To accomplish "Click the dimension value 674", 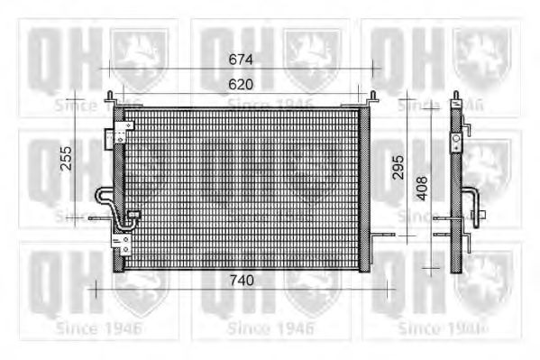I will tap(241, 60).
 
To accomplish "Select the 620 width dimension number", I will tap(241, 83).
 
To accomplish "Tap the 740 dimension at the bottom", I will tap(241, 281).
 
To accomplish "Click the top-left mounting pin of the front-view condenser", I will tap(110, 97).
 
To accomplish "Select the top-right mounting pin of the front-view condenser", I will tap(372, 97).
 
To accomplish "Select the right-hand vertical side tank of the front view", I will tap(364, 188).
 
